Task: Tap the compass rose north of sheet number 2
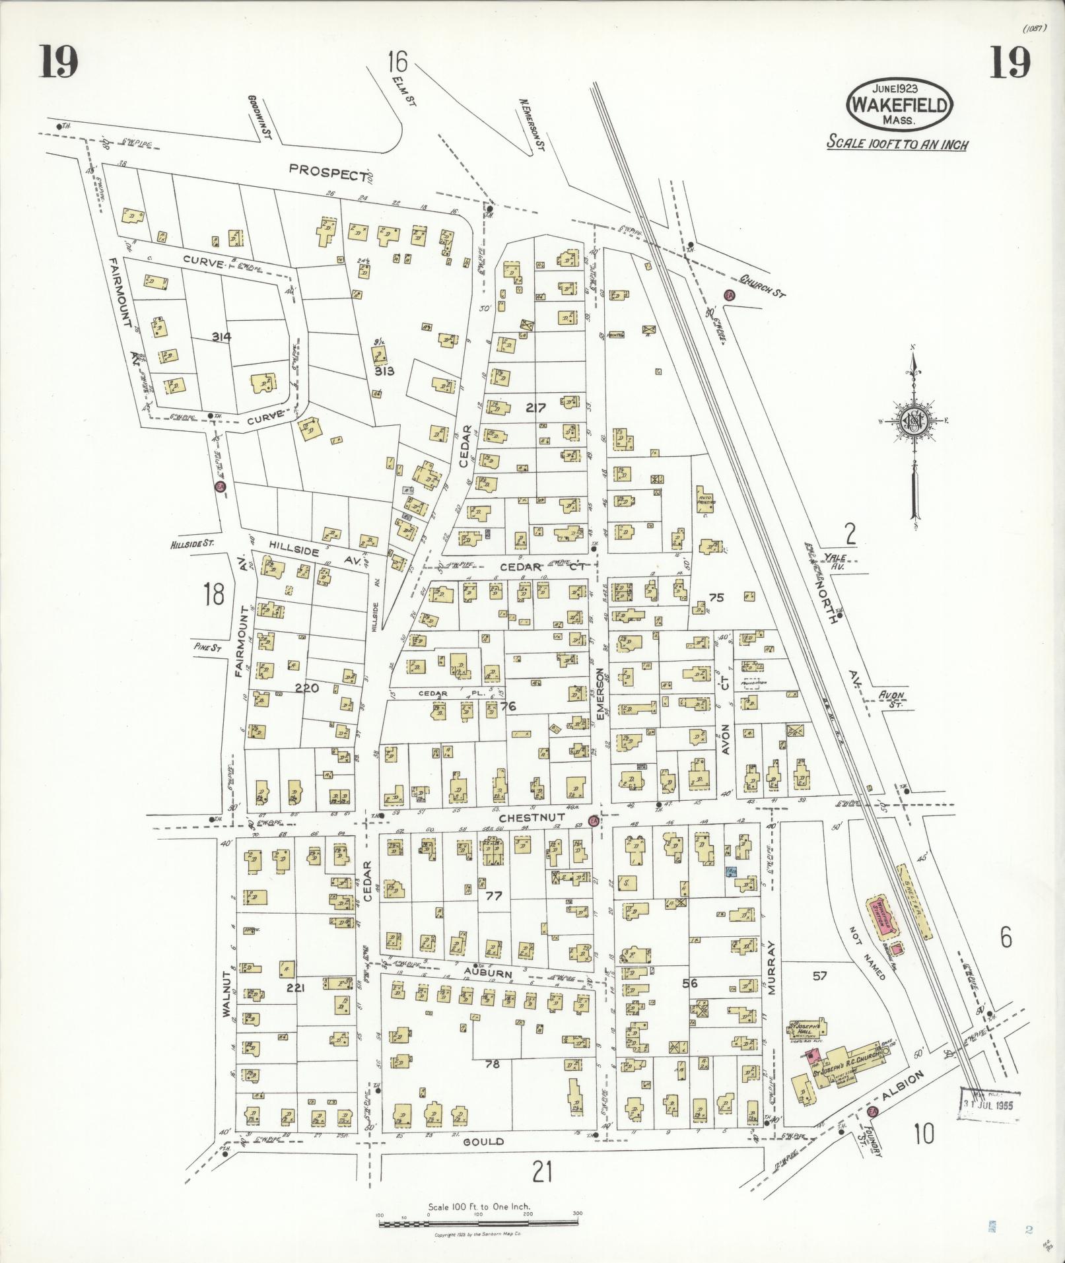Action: pyautogui.click(x=914, y=423)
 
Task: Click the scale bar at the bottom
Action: pyautogui.click(x=479, y=1223)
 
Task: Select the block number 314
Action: pyautogui.click(x=222, y=337)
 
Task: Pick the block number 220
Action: pyautogui.click(x=307, y=688)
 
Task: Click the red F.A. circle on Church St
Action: pyautogui.click(x=730, y=294)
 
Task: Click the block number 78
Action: pyautogui.click(x=492, y=1064)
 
